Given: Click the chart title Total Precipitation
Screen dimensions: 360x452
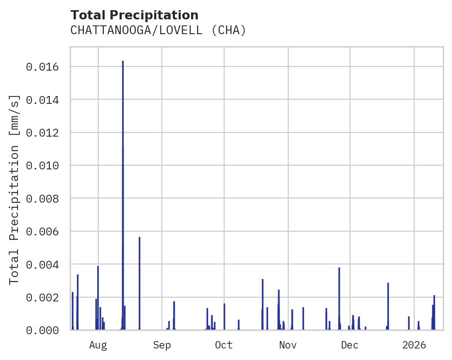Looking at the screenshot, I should (x=134, y=15).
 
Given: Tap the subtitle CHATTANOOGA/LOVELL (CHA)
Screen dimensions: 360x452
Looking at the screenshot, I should (x=158, y=30).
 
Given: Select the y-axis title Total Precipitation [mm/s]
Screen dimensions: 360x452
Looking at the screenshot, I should (x=15, y=189).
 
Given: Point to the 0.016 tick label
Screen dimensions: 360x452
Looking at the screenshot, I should (x=42, y=67).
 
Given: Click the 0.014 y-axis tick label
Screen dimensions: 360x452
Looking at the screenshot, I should (x=42, y=100).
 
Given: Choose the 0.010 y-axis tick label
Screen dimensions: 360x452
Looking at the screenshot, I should (x=42, y=166).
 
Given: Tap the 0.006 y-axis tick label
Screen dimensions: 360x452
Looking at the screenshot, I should (x=42, y=232).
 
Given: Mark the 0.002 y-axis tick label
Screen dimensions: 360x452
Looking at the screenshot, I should (x=42, y=297).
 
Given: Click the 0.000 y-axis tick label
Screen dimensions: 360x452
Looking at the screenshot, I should (x=42, y=330).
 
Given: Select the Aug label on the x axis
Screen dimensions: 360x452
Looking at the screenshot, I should (x=98, y=345).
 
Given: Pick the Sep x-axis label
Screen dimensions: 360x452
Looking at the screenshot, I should (x=162, y=345).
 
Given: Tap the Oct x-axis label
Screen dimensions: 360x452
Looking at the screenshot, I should (x=224, y=345).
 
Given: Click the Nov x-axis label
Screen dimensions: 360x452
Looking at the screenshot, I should (x=288, y=345).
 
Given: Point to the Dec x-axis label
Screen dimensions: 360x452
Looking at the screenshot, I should (x=350, y=345).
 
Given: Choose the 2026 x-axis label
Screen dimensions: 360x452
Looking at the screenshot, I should (x=414, y=345).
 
